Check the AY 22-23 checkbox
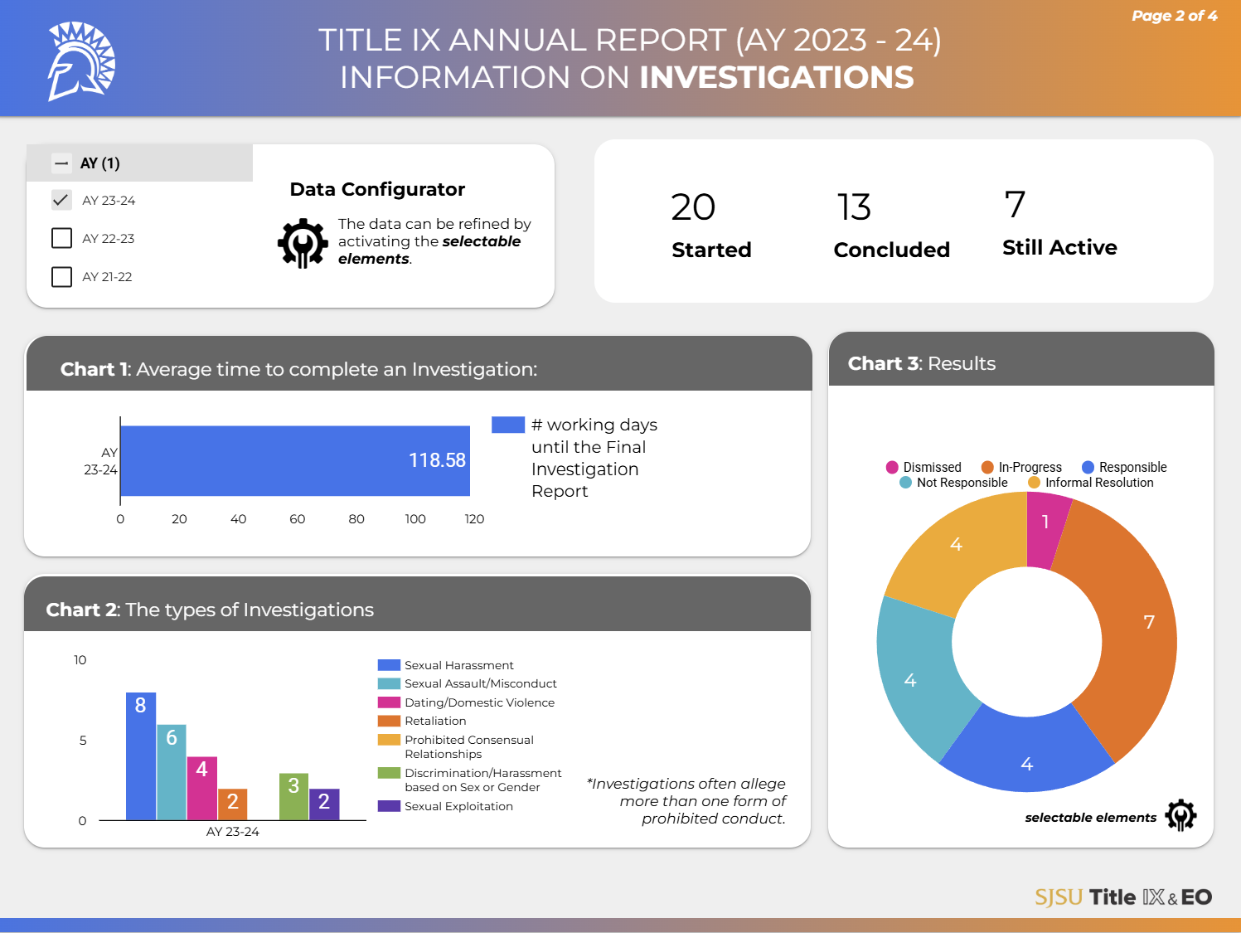[x=62, y=238]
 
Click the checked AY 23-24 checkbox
[x=62, y=200]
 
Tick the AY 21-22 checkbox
[x=62, y=276]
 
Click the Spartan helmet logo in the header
[x=80, y=61]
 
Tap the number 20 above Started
[x=693, y=207]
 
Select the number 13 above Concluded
[x=854, y=207]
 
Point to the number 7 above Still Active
[x=1016, y=205]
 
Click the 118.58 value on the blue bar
[x=437, y=460]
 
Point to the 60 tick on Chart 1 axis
[x=297, y=519]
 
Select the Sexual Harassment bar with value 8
[x=141, y=756]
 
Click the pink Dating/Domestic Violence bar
[x=201, y=788]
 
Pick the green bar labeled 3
[x=293, y=796]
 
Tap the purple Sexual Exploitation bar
[x=324, y=804]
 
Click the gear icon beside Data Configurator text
[x=303, y=243]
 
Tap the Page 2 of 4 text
[x=1174, y=16]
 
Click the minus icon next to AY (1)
[x=61, y=163]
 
